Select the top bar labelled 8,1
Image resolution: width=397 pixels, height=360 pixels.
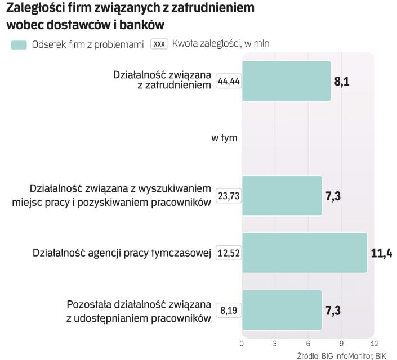point(286,80)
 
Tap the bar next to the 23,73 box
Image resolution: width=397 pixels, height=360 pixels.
point(282,196)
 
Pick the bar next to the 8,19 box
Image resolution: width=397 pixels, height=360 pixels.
point(282,310)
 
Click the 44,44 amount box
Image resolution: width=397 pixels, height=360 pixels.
point(229,82)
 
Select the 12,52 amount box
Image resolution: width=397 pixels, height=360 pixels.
point(229,253)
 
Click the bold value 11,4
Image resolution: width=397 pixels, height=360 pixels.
point(381,253)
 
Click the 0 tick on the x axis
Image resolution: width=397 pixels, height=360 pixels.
point(242,343)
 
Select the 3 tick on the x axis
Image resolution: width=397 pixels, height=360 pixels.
point(275,343)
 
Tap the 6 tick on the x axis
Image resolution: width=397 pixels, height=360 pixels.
point(308,343)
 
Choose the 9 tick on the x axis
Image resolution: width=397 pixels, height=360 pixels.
point(341,343)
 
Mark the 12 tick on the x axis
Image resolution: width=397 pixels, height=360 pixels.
point(374,343)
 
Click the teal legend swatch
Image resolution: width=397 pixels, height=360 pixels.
point(19,44)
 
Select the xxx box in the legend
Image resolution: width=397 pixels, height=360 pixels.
point(159,44)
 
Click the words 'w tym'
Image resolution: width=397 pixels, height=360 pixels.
point(224,138)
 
